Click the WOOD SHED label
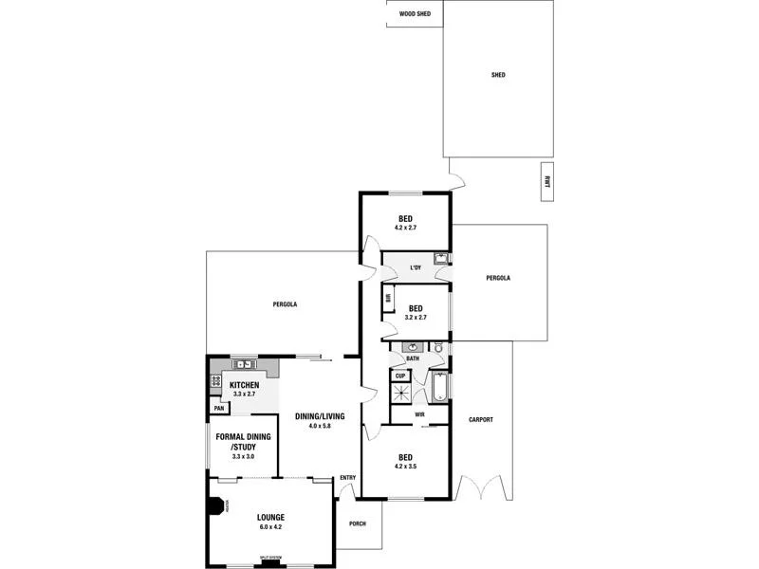415,14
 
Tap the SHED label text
498,75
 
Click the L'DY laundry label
415,268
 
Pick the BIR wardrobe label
388,299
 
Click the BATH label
413,358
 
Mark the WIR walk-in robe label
418,413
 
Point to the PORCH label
358,523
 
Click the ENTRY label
347,477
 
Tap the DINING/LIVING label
319,416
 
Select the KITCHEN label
245,384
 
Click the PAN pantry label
218,408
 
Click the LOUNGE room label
270,517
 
